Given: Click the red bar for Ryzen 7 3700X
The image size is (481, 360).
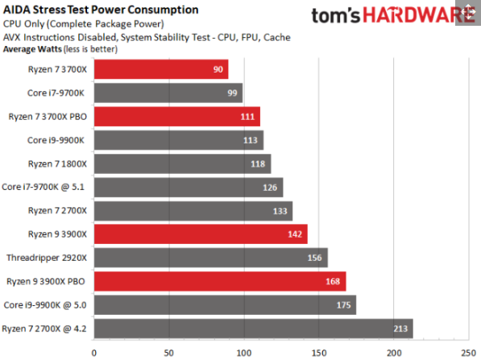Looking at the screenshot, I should pyautogui.click(x=161, y=70).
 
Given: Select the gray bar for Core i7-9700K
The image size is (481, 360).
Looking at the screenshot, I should pyautogui.click(x=168, y=93).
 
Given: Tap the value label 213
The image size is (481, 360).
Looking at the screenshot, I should pyautogui.click(x=400, y=329).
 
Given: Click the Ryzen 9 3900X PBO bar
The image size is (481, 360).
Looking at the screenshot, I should pyautogui.click(x=219, y=282).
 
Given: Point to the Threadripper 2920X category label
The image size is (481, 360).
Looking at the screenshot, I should pyautogui.click(x=47, y=259).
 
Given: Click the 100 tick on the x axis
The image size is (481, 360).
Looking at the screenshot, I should pyautogui.click(x=244, y=352).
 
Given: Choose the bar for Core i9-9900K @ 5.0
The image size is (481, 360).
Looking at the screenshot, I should pyautogui.click(x=225, y=305).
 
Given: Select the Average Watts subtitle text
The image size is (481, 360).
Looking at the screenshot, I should pyautogui.click(x=60, y=48).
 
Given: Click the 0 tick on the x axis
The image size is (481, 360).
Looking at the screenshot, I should pyautogui.click(x=94, y=352).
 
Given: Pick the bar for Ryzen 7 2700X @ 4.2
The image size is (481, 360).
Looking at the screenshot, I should pyautogui.click(x=253, y=329).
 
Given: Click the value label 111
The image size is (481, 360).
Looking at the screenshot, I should pyautogui.click(x=249, y=118).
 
